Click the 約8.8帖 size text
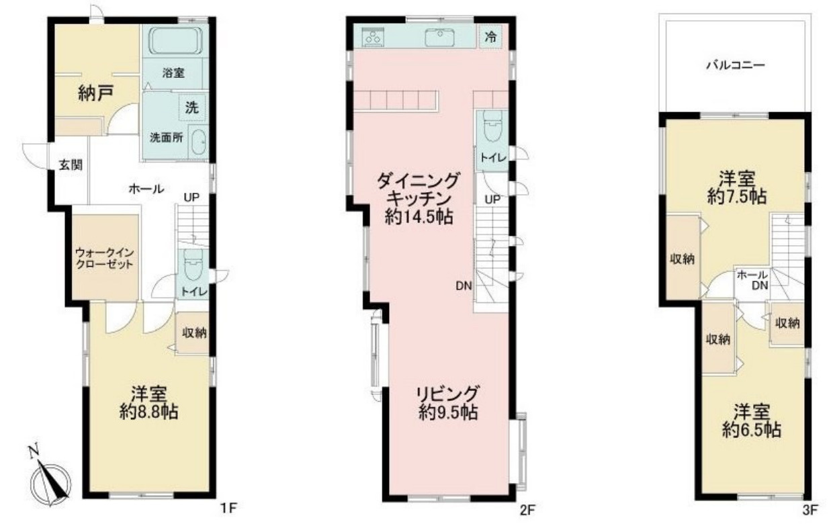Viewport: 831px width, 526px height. coord(148,412)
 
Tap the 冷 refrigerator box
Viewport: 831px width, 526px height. coord(491,37)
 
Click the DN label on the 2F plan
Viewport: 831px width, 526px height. coord(463,286)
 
